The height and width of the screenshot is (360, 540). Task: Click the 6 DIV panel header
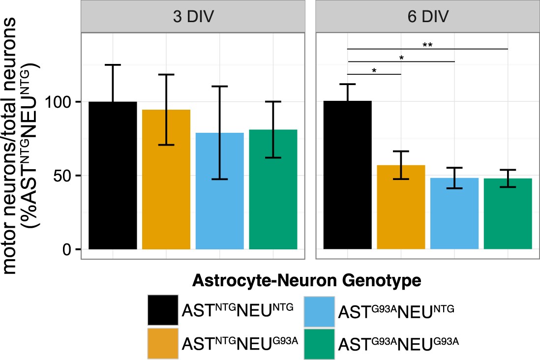[427, 17]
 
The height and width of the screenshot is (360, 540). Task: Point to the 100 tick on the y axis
[60, 102]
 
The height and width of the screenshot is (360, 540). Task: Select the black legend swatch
[163, 310]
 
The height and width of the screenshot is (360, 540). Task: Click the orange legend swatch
[163, 342]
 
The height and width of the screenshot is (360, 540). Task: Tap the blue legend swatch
[319, 310]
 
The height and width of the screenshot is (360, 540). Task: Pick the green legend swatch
[319, 342]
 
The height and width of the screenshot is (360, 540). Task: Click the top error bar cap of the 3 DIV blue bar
[220, 87]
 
